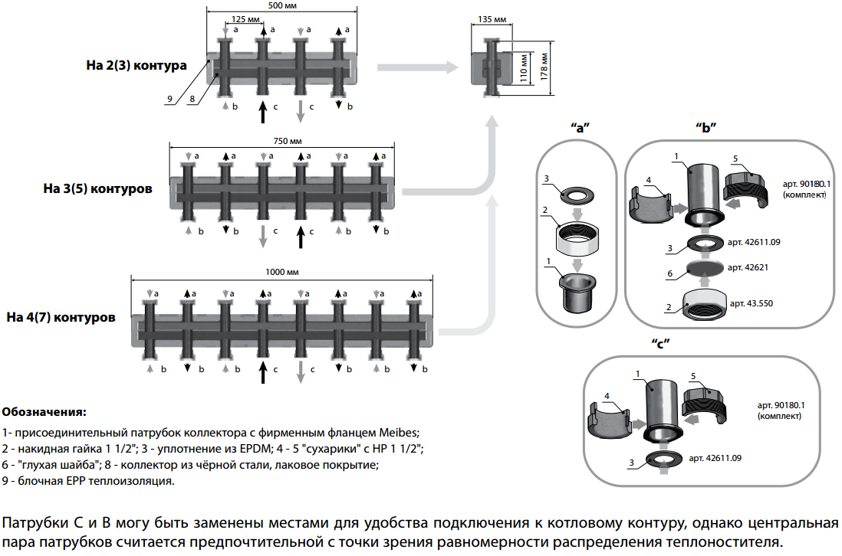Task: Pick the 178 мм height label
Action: (x=544, y=67)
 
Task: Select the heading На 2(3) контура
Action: (x=136, y=65)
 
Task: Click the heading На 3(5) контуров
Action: (x=107, y=188)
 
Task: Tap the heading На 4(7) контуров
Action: (x=61, y=316)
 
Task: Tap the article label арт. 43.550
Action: (x=752, y=303)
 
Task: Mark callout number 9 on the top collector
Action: (x=168, y=98)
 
